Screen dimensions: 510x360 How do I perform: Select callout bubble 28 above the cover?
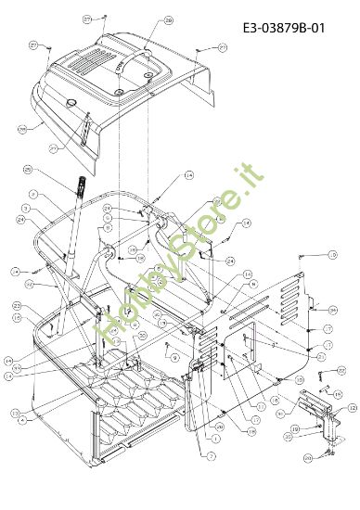tap(168, 19)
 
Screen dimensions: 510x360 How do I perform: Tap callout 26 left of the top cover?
tap(22, 129)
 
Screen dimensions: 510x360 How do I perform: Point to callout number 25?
tap(27, 170)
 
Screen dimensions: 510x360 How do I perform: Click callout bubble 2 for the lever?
tap(32, 194)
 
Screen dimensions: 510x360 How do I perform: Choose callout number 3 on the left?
tap(27, 208)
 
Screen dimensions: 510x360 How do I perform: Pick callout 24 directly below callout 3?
tap(20, 220)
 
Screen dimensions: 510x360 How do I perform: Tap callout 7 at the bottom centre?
tap(211, 457)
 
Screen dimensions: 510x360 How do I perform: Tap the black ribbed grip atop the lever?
tap(80, 185)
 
